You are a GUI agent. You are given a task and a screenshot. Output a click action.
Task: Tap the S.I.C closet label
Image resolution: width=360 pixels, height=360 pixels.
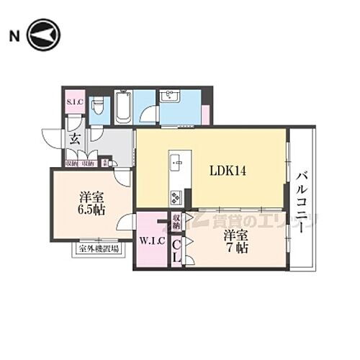[75, 102]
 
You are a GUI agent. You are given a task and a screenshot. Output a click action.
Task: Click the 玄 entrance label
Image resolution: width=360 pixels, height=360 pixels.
[74, 140]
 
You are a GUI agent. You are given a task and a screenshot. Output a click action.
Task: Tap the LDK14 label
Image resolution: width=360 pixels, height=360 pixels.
[228, 171]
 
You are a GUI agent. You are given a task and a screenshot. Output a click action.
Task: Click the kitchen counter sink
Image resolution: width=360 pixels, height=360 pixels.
[177, 163]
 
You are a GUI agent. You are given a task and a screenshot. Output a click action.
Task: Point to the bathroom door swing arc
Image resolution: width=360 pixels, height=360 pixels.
[149, 114]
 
